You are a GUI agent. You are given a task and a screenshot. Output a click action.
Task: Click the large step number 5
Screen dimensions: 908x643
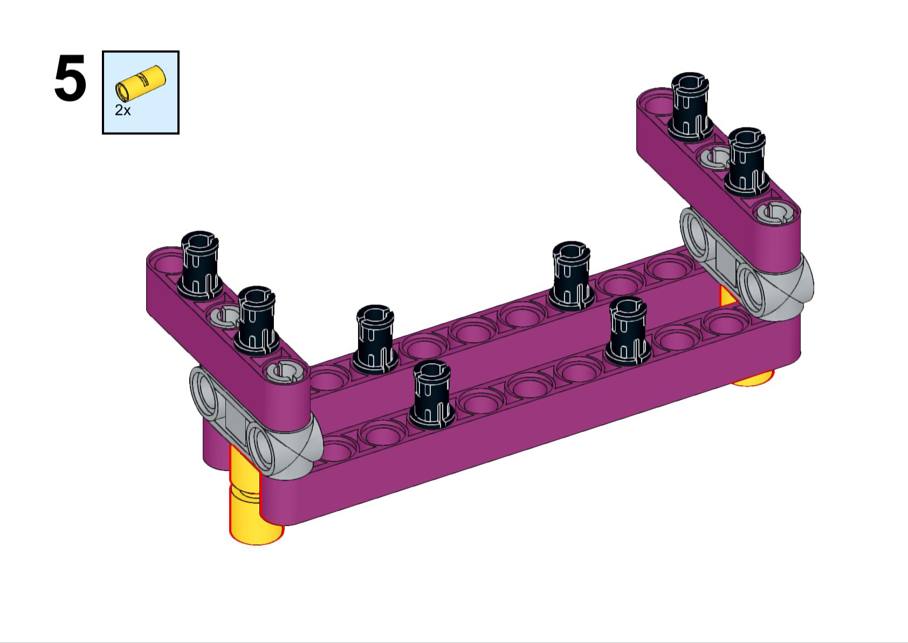point(70,78)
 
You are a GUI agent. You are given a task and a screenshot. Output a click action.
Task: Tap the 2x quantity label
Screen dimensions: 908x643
point(123,110)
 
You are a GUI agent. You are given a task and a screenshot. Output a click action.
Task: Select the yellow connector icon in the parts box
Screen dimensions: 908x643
point(141,83)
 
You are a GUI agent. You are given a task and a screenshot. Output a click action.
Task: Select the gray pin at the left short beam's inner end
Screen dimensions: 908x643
point(283,371)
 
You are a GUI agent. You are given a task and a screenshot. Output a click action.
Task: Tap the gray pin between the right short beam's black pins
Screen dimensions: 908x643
point(714,157)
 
